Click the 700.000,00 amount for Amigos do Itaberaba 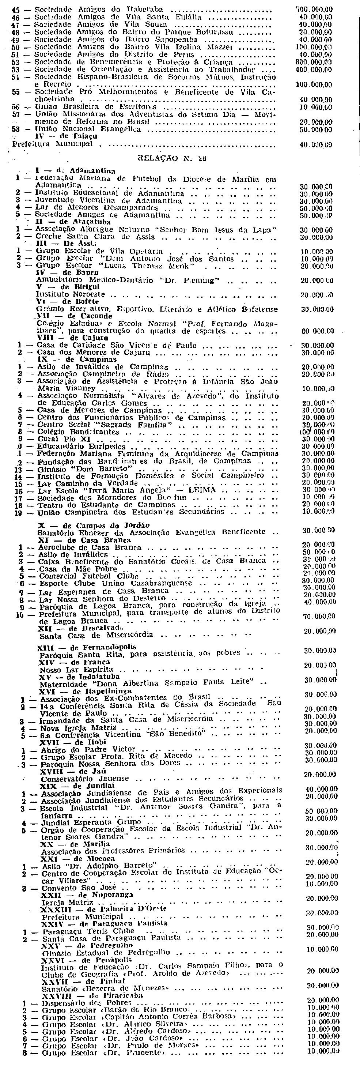[314, 9]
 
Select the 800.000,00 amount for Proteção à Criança [314, 62]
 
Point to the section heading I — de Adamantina [75, 170]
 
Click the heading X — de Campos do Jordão [94, 526]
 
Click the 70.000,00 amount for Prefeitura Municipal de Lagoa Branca [319, 617]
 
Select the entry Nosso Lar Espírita [76, 669]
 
